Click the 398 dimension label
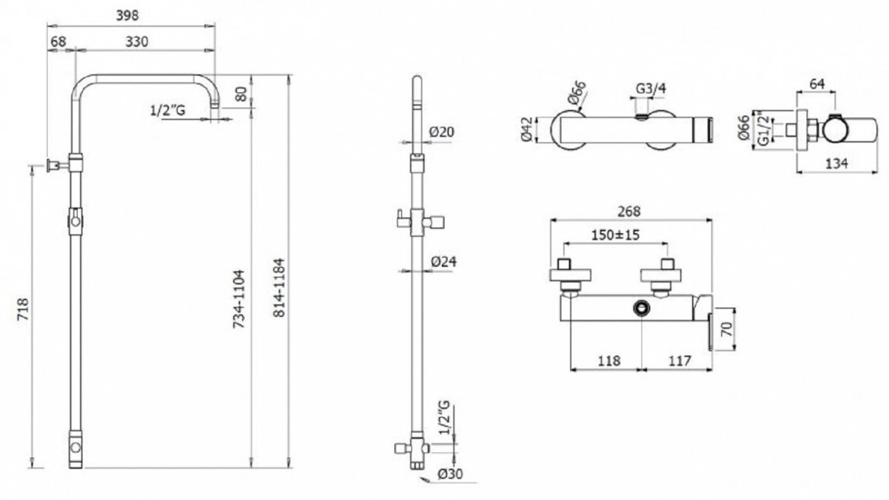pyautogui.click(x=128, y=15)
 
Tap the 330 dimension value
pyautogui.click(x=137, y=42)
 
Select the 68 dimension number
pyautogui.click(x=58, y=42)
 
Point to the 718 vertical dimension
pyautogui.click(x=23, y=309)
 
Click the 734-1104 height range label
pyautogui.click(x=239, y=299)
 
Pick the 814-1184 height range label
pyautogui.click(x=279, y=288)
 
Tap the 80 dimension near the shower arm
pyautogui.click(x=241, y=94)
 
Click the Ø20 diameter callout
pyautogui.click(x=442, y=132)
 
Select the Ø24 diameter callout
pyautogui.click(x=444, y=262)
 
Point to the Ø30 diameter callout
pyautogui.click(x=450, y=474)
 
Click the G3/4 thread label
pyautogui.click(x=651, y=88)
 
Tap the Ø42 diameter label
pyautogui.click(x=526, y=129)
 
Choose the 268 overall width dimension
pyautogui.click(x=629, y=211)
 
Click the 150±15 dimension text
pyautogui.click(x=615, y=235)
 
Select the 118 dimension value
pyautogui.click(x=609, y=361)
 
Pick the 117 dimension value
pyautogui.click(x=680, y=361)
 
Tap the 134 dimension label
pyautogui.click(x=837, y=163)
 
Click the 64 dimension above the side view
pyautogui.click(x=817, y=84)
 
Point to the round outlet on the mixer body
pyautogui.click(x=641, y=307)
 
